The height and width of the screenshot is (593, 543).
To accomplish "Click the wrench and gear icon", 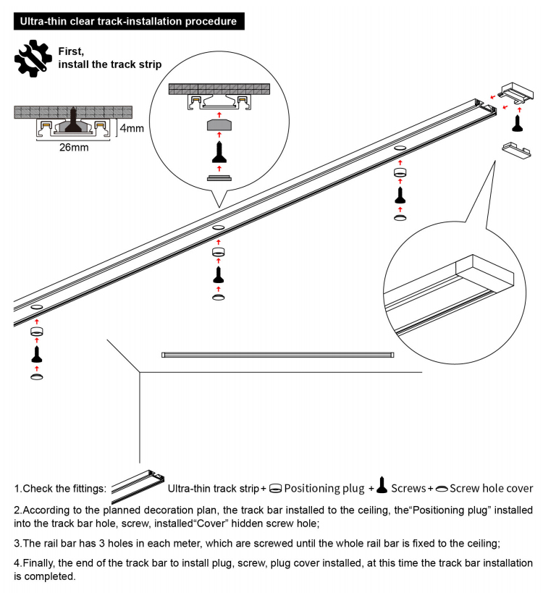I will point(33,59).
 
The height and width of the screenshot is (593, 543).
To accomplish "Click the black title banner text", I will point(128,21).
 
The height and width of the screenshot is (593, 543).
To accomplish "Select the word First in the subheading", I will point(71,51).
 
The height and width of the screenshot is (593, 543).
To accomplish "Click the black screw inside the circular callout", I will point(219,153).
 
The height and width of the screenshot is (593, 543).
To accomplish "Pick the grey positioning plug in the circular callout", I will point(219,125).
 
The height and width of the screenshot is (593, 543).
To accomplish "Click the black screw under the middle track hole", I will point(219,274).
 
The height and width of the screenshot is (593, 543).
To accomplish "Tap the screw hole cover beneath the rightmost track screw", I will point(399,216).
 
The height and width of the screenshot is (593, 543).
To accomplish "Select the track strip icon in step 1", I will point(138,485).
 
